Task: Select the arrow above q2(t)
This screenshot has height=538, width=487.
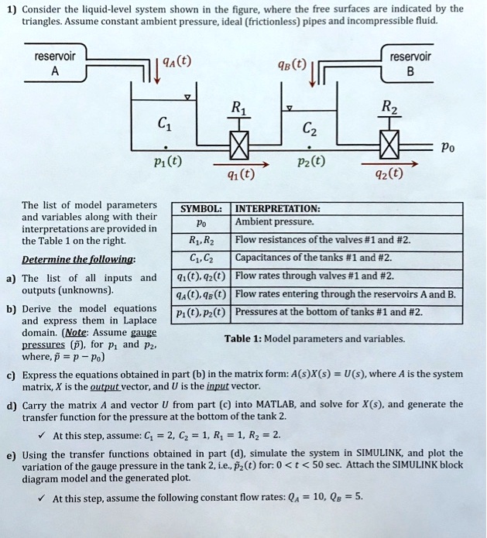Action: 388,164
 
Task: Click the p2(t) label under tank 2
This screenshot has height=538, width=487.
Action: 309,162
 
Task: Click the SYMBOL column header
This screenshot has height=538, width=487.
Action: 201,209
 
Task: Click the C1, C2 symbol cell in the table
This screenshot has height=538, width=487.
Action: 201,259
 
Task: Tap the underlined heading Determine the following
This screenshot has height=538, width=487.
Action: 81,259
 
